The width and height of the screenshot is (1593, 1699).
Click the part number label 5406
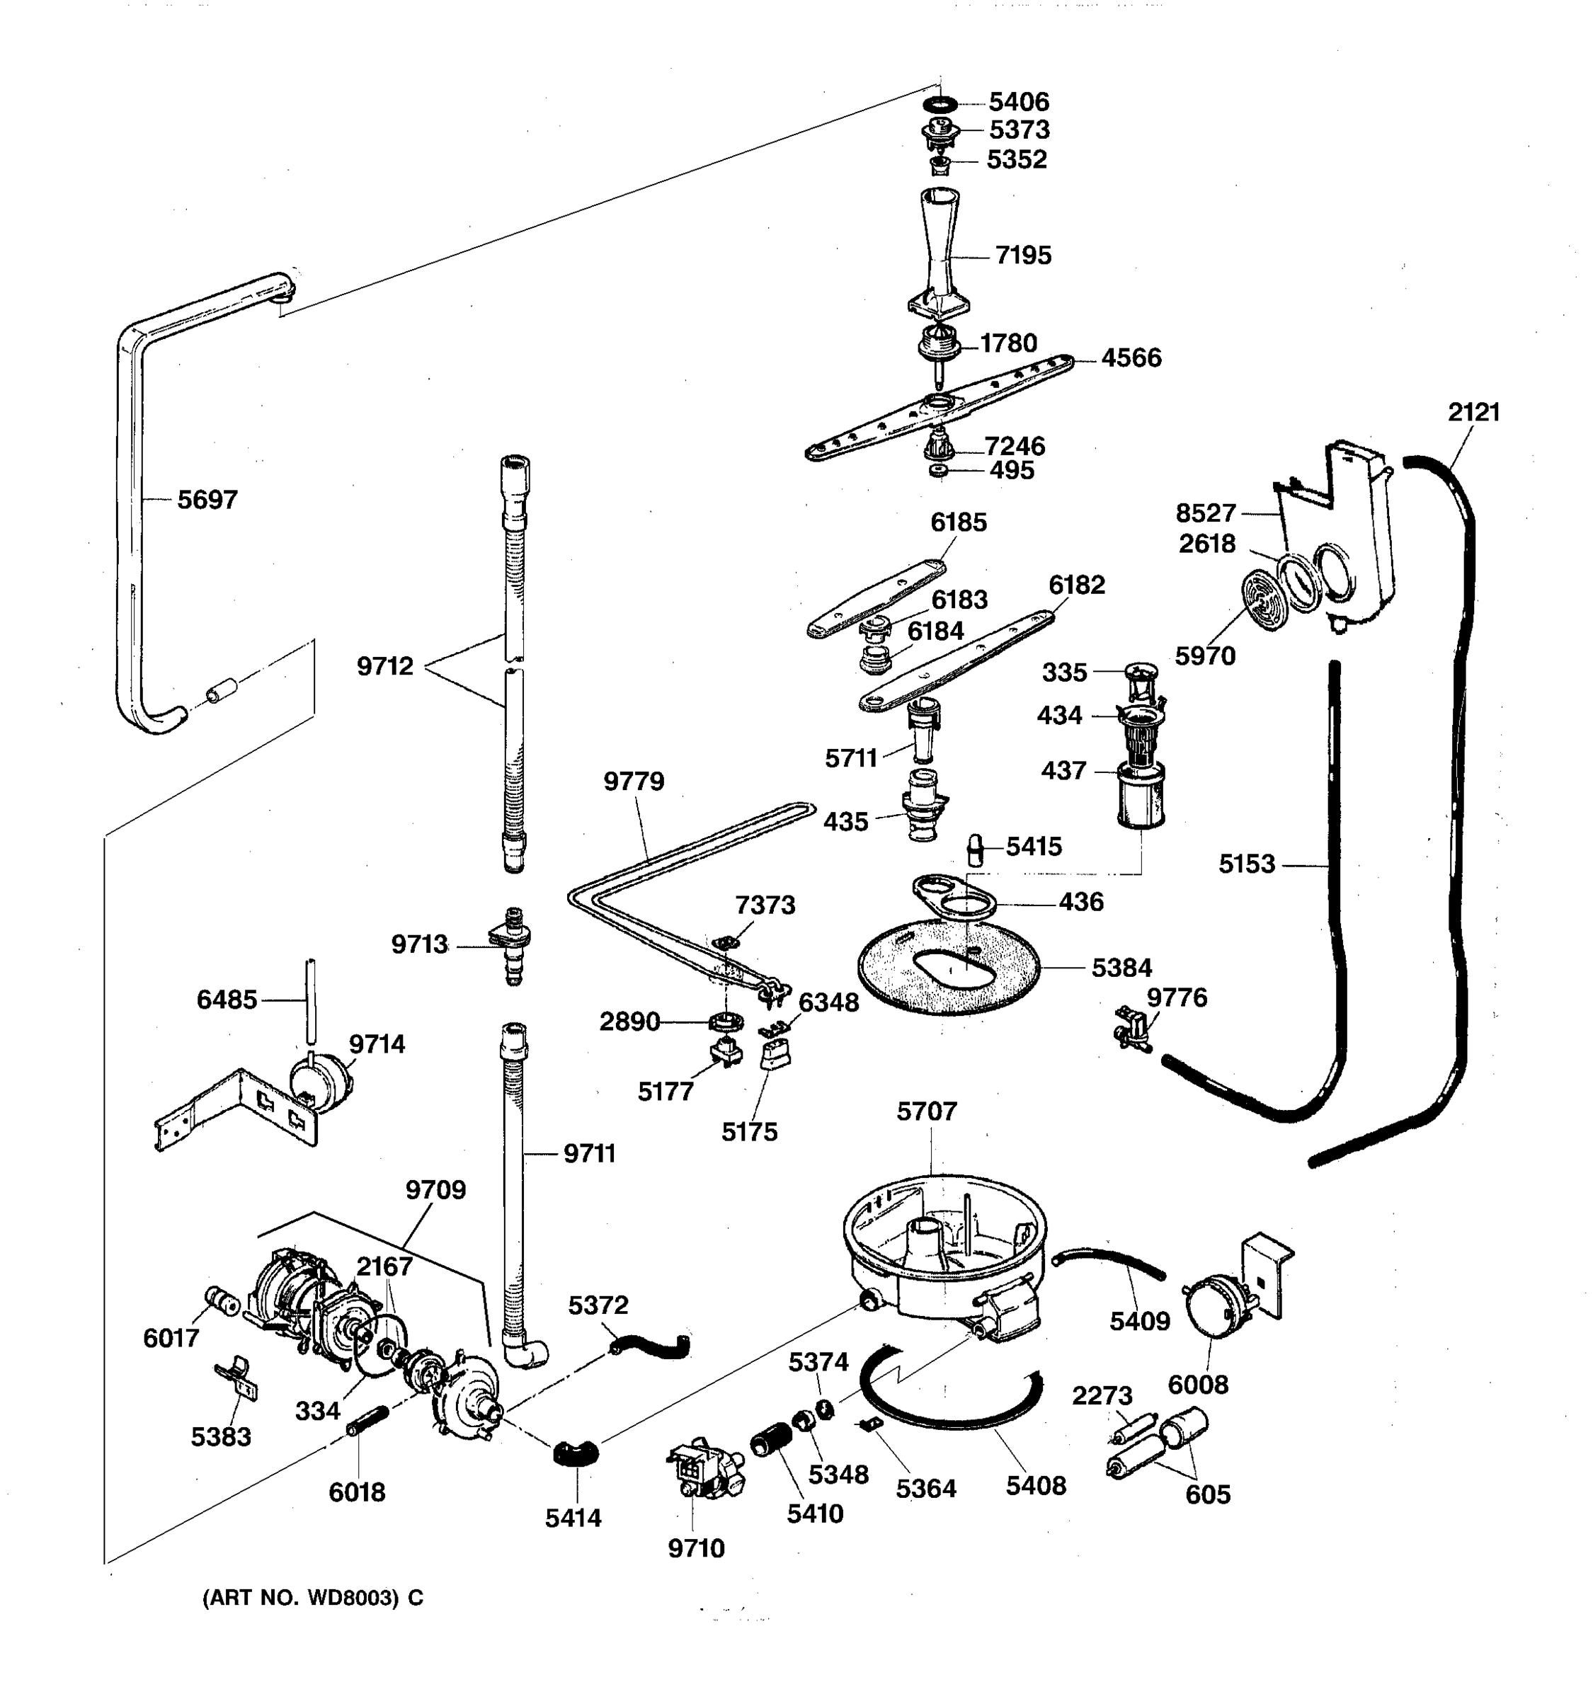click(x=1019, y=103)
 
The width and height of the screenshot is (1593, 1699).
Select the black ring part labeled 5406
click(x=940, y=104)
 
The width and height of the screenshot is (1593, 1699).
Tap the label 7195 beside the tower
click(x=1023, y=256)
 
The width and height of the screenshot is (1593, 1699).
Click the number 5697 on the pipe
click(x=207, y=500)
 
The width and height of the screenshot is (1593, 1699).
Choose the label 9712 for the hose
click(x=384, y=665)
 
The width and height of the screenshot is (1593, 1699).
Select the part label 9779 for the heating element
click(x=633, y=781)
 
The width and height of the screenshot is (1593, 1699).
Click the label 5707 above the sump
click(x=926, y=1112)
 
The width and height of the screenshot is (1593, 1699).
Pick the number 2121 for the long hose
click(x=1474, y=412)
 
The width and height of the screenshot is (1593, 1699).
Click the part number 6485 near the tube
click(x=227, y=1000)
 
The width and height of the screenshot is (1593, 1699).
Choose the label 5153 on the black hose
click(x=1246, y=864)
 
